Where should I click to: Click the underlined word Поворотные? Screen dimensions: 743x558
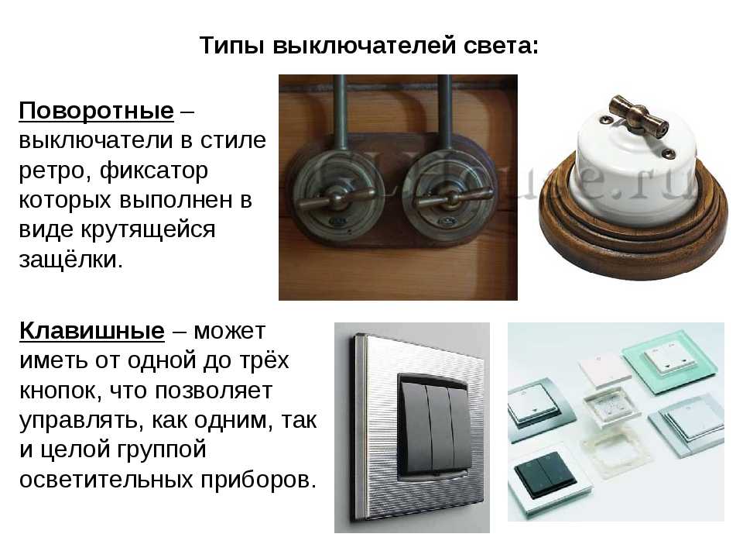pos(96,111)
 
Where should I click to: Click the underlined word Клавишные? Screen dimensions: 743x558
pos(92,330)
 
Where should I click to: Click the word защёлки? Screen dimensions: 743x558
pos(71,260)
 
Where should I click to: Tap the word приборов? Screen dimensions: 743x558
pos(259,480)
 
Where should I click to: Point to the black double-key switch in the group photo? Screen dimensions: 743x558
pos(545,473)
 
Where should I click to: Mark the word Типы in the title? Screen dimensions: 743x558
pos(231,46)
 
